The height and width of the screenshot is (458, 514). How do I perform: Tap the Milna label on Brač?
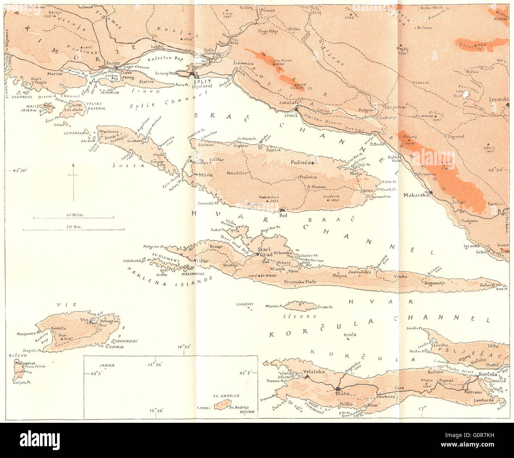205,175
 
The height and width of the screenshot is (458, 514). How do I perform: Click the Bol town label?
283,215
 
